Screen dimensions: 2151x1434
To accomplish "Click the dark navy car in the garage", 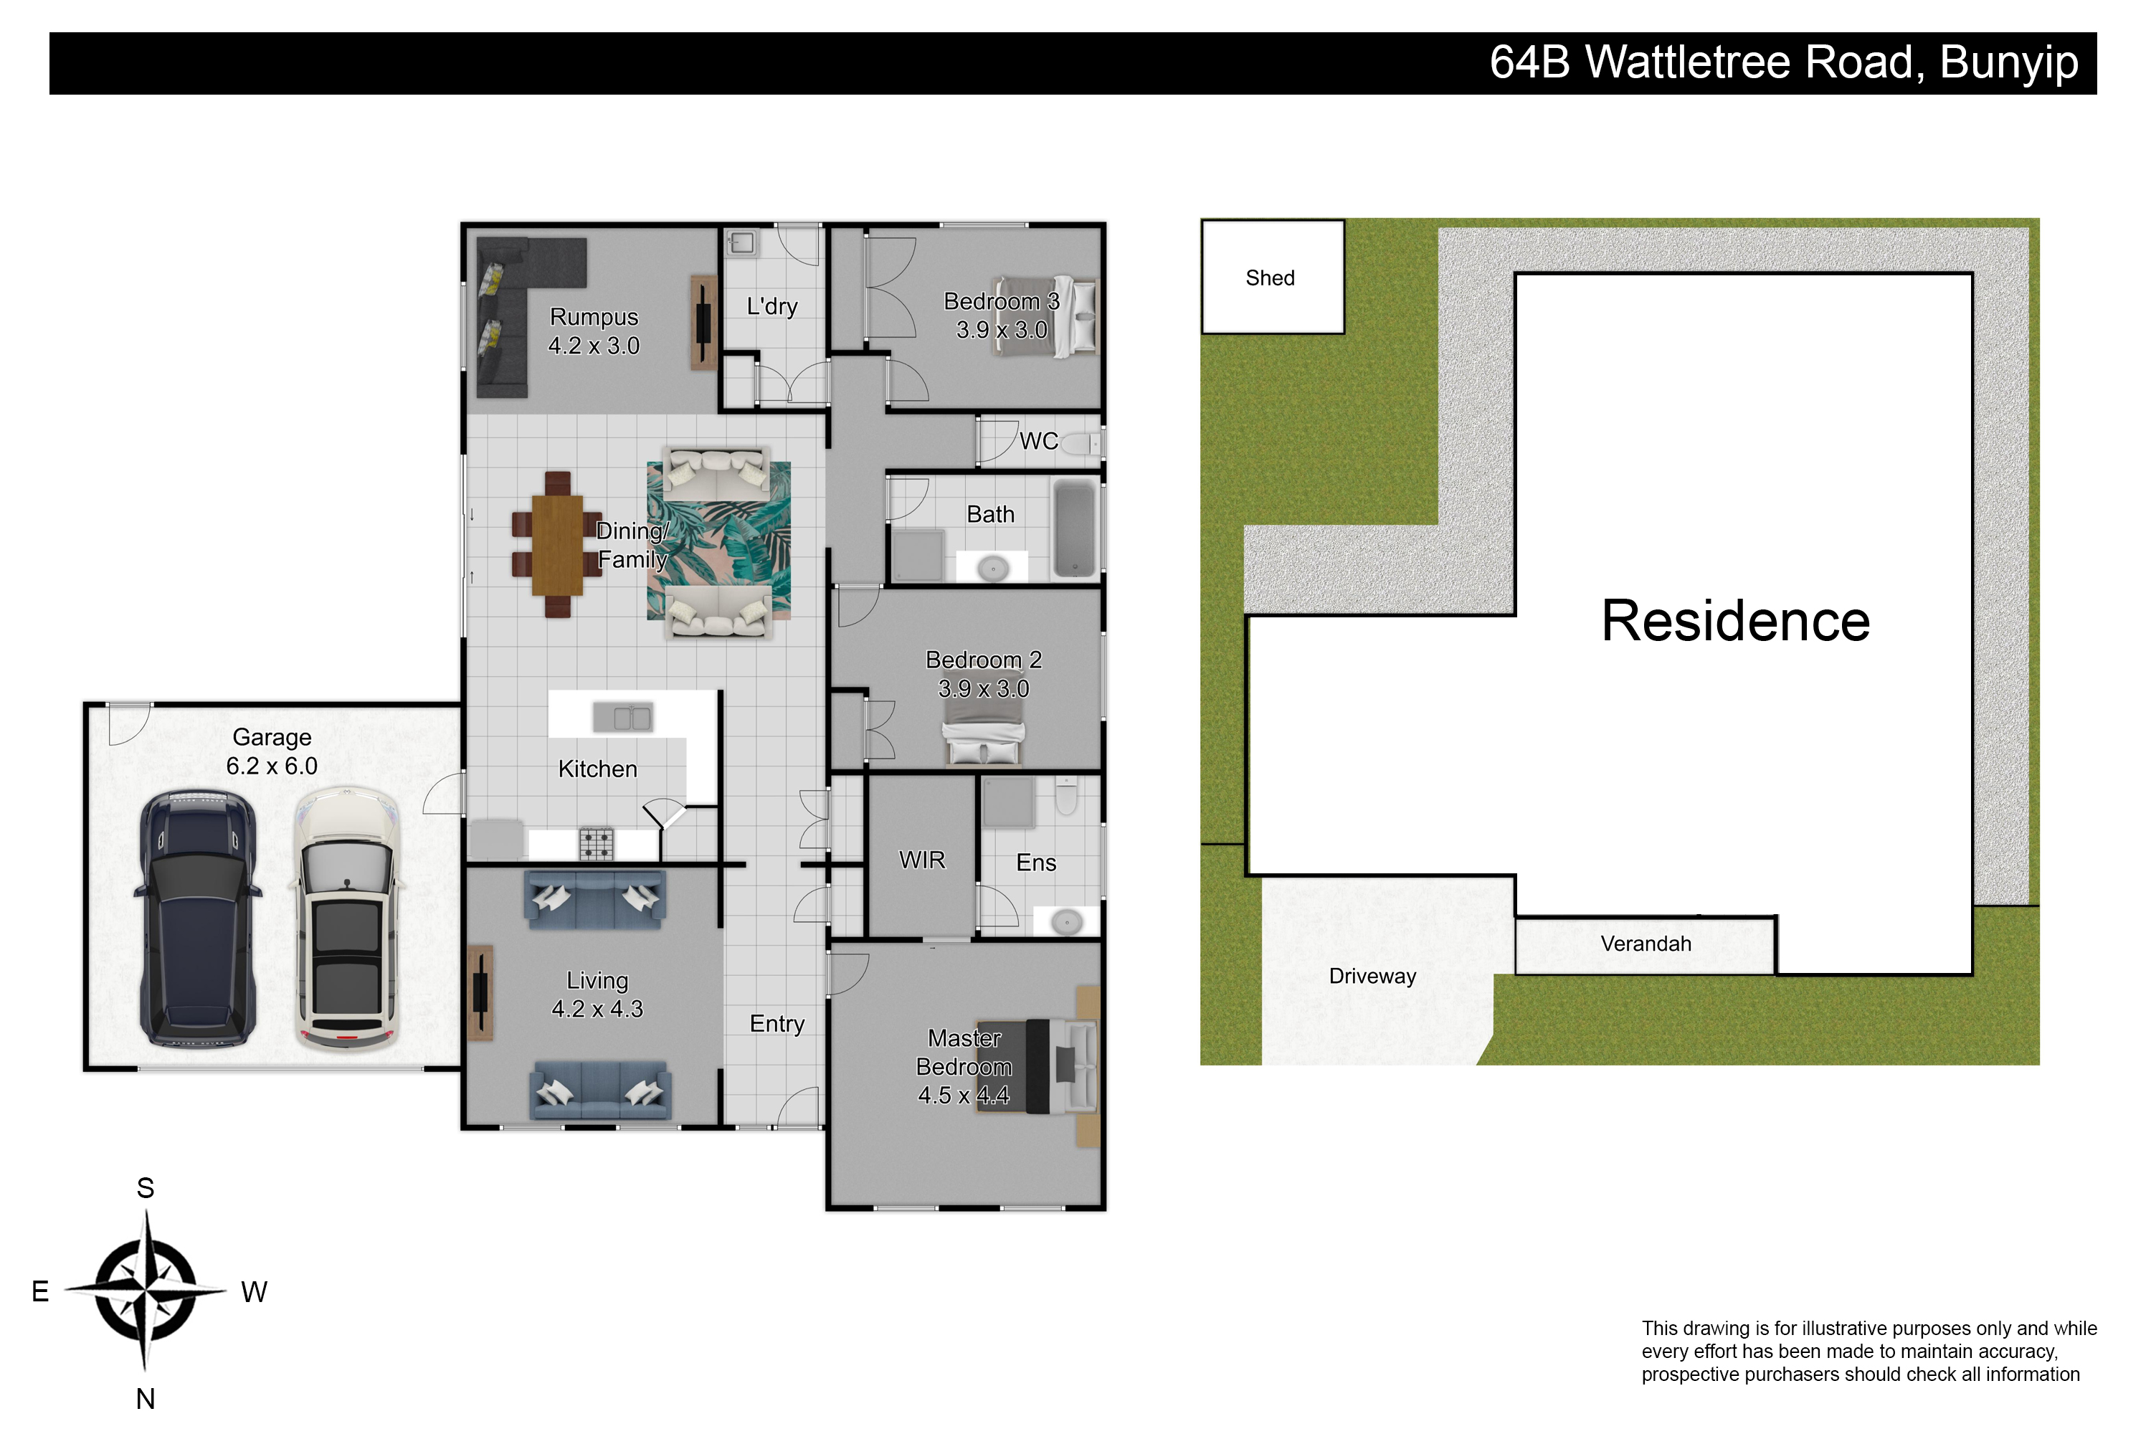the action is point(198,918).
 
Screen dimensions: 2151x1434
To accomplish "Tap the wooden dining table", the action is point(557,545).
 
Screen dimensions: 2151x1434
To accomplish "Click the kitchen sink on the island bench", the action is point(623,717).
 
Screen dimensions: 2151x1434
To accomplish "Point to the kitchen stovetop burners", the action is point(597,844).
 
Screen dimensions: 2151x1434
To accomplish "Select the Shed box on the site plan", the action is point(1272,277).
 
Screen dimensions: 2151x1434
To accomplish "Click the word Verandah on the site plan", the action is point(1646,944).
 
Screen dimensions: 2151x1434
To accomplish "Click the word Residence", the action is point(1735,621).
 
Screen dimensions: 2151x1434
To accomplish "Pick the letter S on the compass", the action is point(146,1188).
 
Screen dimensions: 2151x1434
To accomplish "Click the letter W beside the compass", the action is point(255,1292).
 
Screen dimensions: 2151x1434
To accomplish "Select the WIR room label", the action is point(922,860).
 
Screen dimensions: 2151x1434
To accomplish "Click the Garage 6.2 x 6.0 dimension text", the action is point(272,766).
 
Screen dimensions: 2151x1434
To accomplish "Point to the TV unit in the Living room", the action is point(480,993).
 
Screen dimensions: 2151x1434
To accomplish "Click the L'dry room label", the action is point(772,306).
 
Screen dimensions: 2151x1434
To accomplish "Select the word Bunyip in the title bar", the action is point(2009,63).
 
